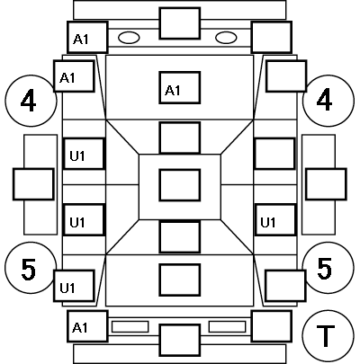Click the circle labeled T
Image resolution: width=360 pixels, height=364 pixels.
(x=328, y=335)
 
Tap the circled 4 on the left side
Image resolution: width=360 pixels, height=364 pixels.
(x=31, y=101)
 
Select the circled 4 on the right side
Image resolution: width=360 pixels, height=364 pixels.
(x=328, y=101)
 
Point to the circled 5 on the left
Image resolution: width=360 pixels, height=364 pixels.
(x=31, y=268)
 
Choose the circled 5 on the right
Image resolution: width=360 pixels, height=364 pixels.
(x=328, y=268)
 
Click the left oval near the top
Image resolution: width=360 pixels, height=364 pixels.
(x=129, y=38)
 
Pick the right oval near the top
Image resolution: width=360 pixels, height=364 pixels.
(x=226, y=38)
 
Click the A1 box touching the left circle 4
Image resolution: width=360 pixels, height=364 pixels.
(x=74, y=76)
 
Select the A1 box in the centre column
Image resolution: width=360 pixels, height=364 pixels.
(x=180, y=88)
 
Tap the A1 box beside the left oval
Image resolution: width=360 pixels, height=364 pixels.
(x=87, y=37)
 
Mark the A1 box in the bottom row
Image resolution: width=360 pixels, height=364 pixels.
(x=87, y=326)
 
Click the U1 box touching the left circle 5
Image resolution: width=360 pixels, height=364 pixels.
(x=74, y=286)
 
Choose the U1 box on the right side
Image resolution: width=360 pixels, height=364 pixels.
(x=275, y=220)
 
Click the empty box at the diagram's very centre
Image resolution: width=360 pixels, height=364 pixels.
(x=180, y=185)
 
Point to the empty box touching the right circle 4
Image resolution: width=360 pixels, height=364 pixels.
(x=286, y=76)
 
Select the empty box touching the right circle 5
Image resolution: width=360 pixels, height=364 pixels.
(x=285, y=286)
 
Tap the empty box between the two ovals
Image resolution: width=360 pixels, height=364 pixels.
(x=180, y=23)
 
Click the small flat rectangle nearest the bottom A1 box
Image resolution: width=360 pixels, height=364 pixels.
(x=130, y=326)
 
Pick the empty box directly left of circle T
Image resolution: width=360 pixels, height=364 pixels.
(x=272, y=326)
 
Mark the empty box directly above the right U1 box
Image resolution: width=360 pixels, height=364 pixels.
(x=275, y=154)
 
